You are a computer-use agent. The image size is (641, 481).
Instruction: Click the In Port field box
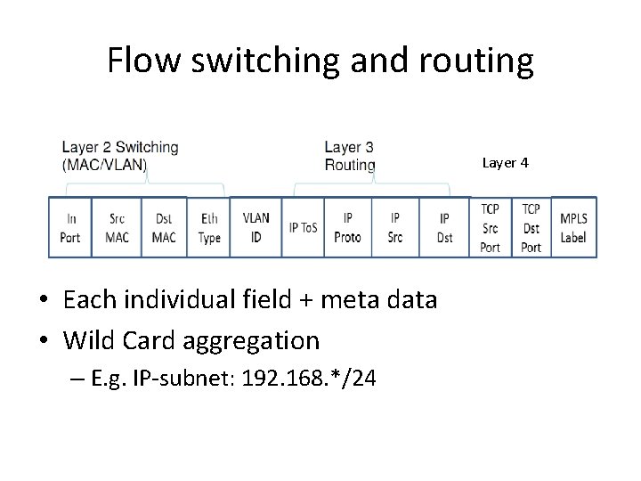point(70,227)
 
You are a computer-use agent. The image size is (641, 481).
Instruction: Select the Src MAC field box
point(117,227)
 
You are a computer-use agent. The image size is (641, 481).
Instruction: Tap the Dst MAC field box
point(164,227)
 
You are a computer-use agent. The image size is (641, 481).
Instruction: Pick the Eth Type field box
point(209,227)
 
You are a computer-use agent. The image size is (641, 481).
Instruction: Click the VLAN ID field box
point(256,227)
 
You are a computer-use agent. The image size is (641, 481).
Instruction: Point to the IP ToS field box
point(304,227)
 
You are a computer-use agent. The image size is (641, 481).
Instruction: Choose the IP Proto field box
point(348,227)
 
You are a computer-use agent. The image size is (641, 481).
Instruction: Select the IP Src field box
point(395,227)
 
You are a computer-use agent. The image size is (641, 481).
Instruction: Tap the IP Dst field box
point(444,227)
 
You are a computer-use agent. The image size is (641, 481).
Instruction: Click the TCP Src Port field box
point(490,227)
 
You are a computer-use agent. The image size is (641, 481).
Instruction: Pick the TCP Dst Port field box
point(531,227)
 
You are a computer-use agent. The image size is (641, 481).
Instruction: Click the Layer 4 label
point(506,163)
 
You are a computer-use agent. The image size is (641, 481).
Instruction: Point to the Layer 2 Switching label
point(119,156)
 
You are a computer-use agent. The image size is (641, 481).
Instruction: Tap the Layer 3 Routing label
point(350,156)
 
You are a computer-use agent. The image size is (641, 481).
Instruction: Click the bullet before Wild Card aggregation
point(45,340)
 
